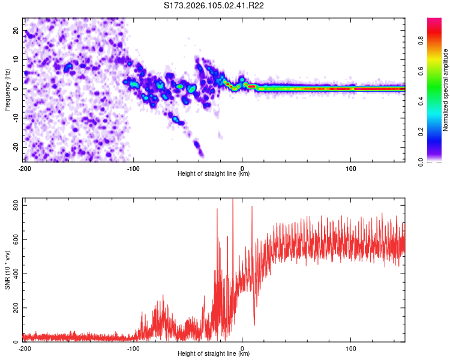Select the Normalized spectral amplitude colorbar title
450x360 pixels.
(446, 90)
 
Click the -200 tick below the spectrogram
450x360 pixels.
(25, 168)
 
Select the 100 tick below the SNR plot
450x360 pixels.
(351, 348)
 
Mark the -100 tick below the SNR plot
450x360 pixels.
(133, 348)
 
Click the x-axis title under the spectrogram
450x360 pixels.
(214, 174)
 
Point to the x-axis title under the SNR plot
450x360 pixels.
(214, 354)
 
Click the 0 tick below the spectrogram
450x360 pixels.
(242, 168)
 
